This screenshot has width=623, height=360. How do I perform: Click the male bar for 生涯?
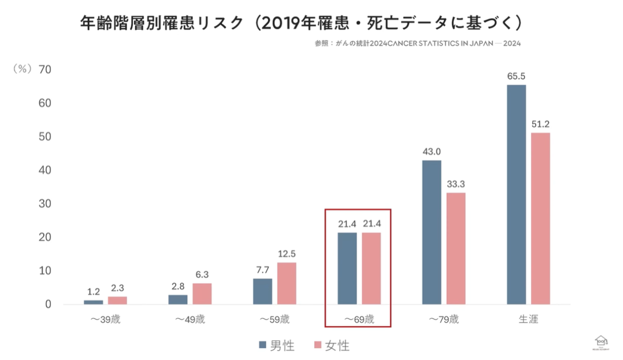click(516, 194)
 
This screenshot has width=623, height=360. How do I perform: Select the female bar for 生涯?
click(540, 218)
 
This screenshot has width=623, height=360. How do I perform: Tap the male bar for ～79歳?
click(431, 232)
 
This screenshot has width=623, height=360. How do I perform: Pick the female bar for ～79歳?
click(456, 248)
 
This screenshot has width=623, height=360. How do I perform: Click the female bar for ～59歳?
click(287, 283)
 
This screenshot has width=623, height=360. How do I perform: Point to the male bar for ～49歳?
click(178, 299)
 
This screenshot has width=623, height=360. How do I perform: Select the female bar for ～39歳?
click(117, 300)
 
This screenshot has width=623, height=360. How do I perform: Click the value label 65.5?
click(516, 76)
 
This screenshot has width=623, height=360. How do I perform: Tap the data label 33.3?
click(456, 184)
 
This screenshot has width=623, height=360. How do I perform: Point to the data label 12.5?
click(287, 254)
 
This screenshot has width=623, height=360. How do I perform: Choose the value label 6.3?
click(202, 275)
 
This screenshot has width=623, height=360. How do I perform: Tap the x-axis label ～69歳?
click(358, 319)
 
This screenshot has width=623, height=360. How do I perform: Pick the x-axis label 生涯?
click(529, 319)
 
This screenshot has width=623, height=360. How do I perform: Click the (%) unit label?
click(22, 70)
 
